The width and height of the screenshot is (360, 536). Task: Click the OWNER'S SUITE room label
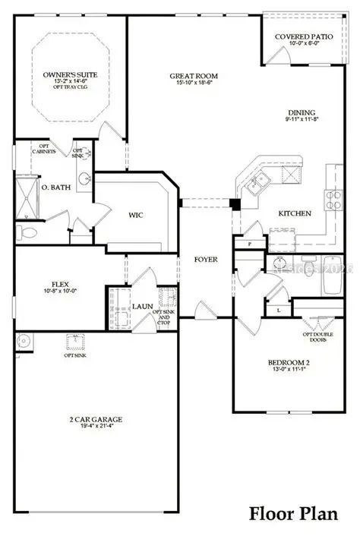[x=69, y=76]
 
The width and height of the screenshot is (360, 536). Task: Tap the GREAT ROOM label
[x=194, y=76]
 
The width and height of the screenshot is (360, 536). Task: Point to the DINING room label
[x=302, y=112]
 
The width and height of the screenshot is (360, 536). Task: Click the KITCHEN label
[x=295, y=213]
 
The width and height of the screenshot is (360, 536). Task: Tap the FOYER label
[x=206, y=260]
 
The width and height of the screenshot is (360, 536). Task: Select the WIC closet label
[x=137, y=215]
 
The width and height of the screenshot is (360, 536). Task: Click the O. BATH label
[x=56, y=188]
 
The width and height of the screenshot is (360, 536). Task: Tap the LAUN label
[x=142, y=307]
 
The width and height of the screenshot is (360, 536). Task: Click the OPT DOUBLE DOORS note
[x=317, y=338]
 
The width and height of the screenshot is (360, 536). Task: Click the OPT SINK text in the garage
[x=74, y=355]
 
